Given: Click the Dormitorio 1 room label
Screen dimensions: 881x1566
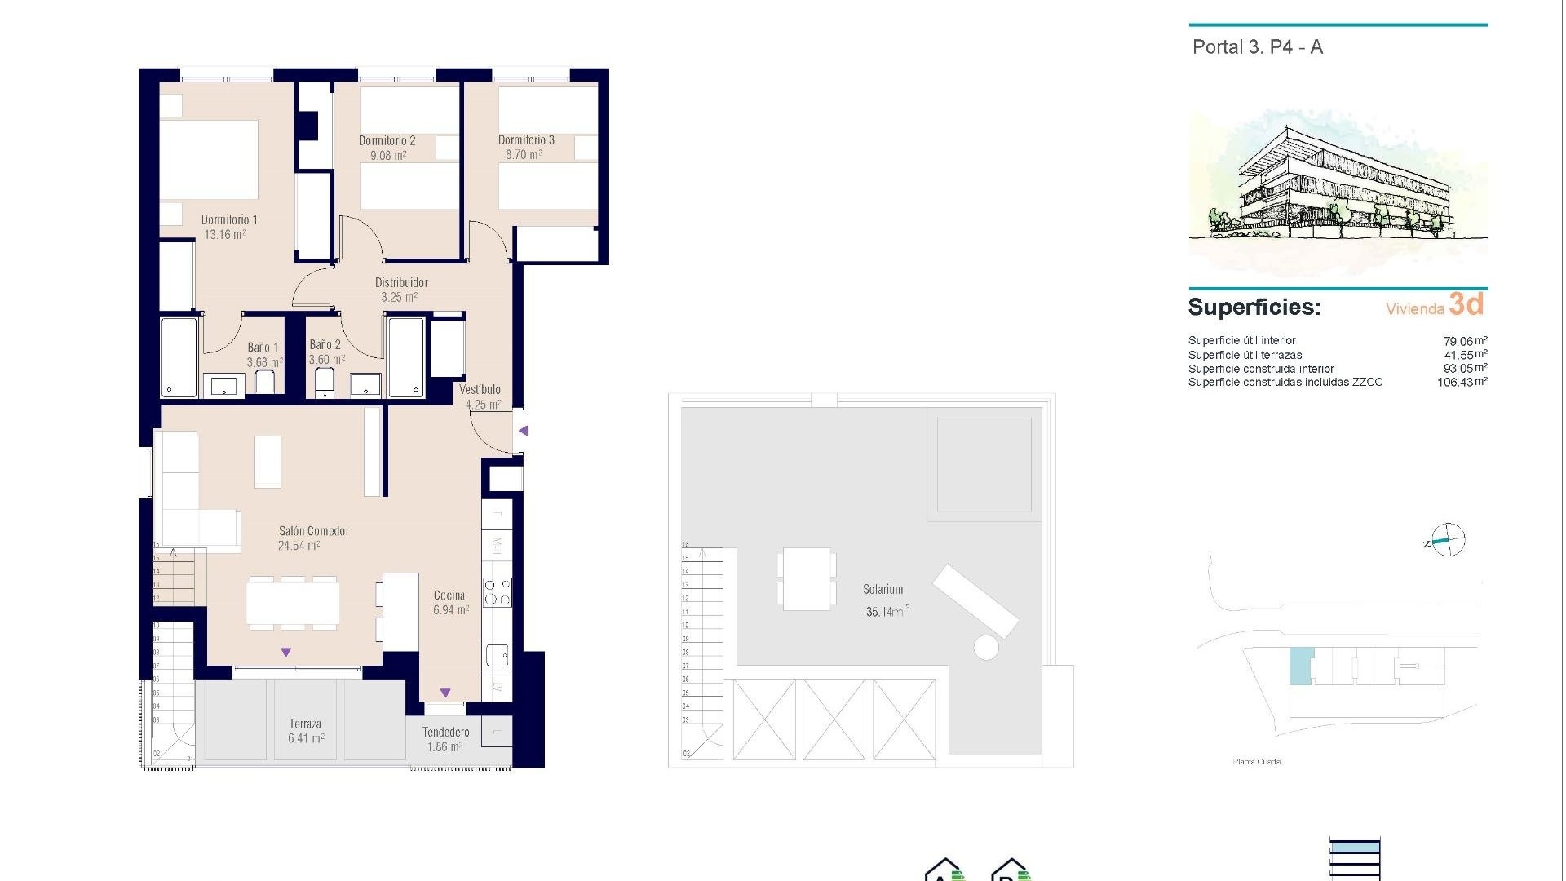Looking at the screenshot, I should coord(229,219).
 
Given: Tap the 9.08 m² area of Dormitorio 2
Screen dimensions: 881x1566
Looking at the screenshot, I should coord(388,155).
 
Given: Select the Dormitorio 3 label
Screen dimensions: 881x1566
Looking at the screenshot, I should coord(526,140).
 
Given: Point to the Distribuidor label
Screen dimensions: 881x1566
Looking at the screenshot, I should coord(401,282).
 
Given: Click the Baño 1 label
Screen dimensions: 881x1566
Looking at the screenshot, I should coord(263,347).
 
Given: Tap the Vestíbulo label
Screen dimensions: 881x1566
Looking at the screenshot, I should coord(480,390).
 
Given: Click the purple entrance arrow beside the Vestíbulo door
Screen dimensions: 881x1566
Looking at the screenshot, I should coord(524,431).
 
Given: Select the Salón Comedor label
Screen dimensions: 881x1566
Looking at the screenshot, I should coord(313,531).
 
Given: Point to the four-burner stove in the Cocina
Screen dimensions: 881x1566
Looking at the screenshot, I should coord(497,592).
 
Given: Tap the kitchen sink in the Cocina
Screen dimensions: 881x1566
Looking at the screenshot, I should coord(496,654).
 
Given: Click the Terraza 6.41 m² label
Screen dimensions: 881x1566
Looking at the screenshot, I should coord(305,731).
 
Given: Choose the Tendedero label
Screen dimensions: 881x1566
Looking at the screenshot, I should coord(445,732).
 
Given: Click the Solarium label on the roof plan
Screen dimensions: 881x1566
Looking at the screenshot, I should coord(883,589).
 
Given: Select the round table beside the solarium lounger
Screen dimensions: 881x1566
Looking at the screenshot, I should coord(986,648).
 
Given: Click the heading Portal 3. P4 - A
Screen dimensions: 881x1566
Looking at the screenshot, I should coord(1257,47).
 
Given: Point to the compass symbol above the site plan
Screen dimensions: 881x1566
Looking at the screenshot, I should coord(1448,540).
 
